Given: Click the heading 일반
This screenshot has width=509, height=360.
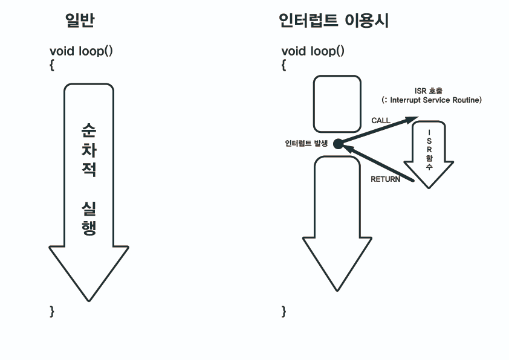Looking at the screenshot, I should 80,21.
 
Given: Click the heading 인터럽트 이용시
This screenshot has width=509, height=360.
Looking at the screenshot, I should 333,21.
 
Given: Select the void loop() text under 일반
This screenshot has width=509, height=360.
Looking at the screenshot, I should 81,51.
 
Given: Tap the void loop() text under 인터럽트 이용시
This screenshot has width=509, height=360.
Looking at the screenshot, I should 313,51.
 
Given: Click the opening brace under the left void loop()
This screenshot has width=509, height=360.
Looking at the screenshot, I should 52,65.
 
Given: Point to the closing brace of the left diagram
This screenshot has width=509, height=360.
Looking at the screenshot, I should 52,311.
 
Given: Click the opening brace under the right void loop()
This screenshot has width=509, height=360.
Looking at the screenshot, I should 284,65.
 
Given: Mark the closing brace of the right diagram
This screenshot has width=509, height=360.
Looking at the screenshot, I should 284,311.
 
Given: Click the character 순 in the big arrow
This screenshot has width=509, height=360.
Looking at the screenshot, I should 89,131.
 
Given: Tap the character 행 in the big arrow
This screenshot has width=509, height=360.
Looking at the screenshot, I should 89,228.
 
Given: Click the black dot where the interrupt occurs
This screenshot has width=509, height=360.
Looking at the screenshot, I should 338,144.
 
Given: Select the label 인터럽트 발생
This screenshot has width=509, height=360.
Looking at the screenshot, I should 306,144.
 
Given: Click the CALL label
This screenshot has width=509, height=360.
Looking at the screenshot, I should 381,121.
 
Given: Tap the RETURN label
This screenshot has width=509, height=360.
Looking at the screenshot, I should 385,179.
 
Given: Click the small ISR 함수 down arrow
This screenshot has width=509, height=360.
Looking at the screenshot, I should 429,154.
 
